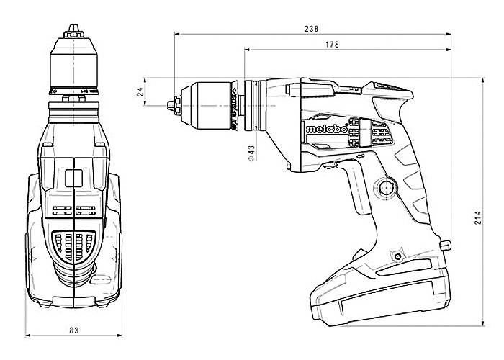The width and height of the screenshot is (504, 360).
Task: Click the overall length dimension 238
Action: pyautogui.click(x=311, y=30)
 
